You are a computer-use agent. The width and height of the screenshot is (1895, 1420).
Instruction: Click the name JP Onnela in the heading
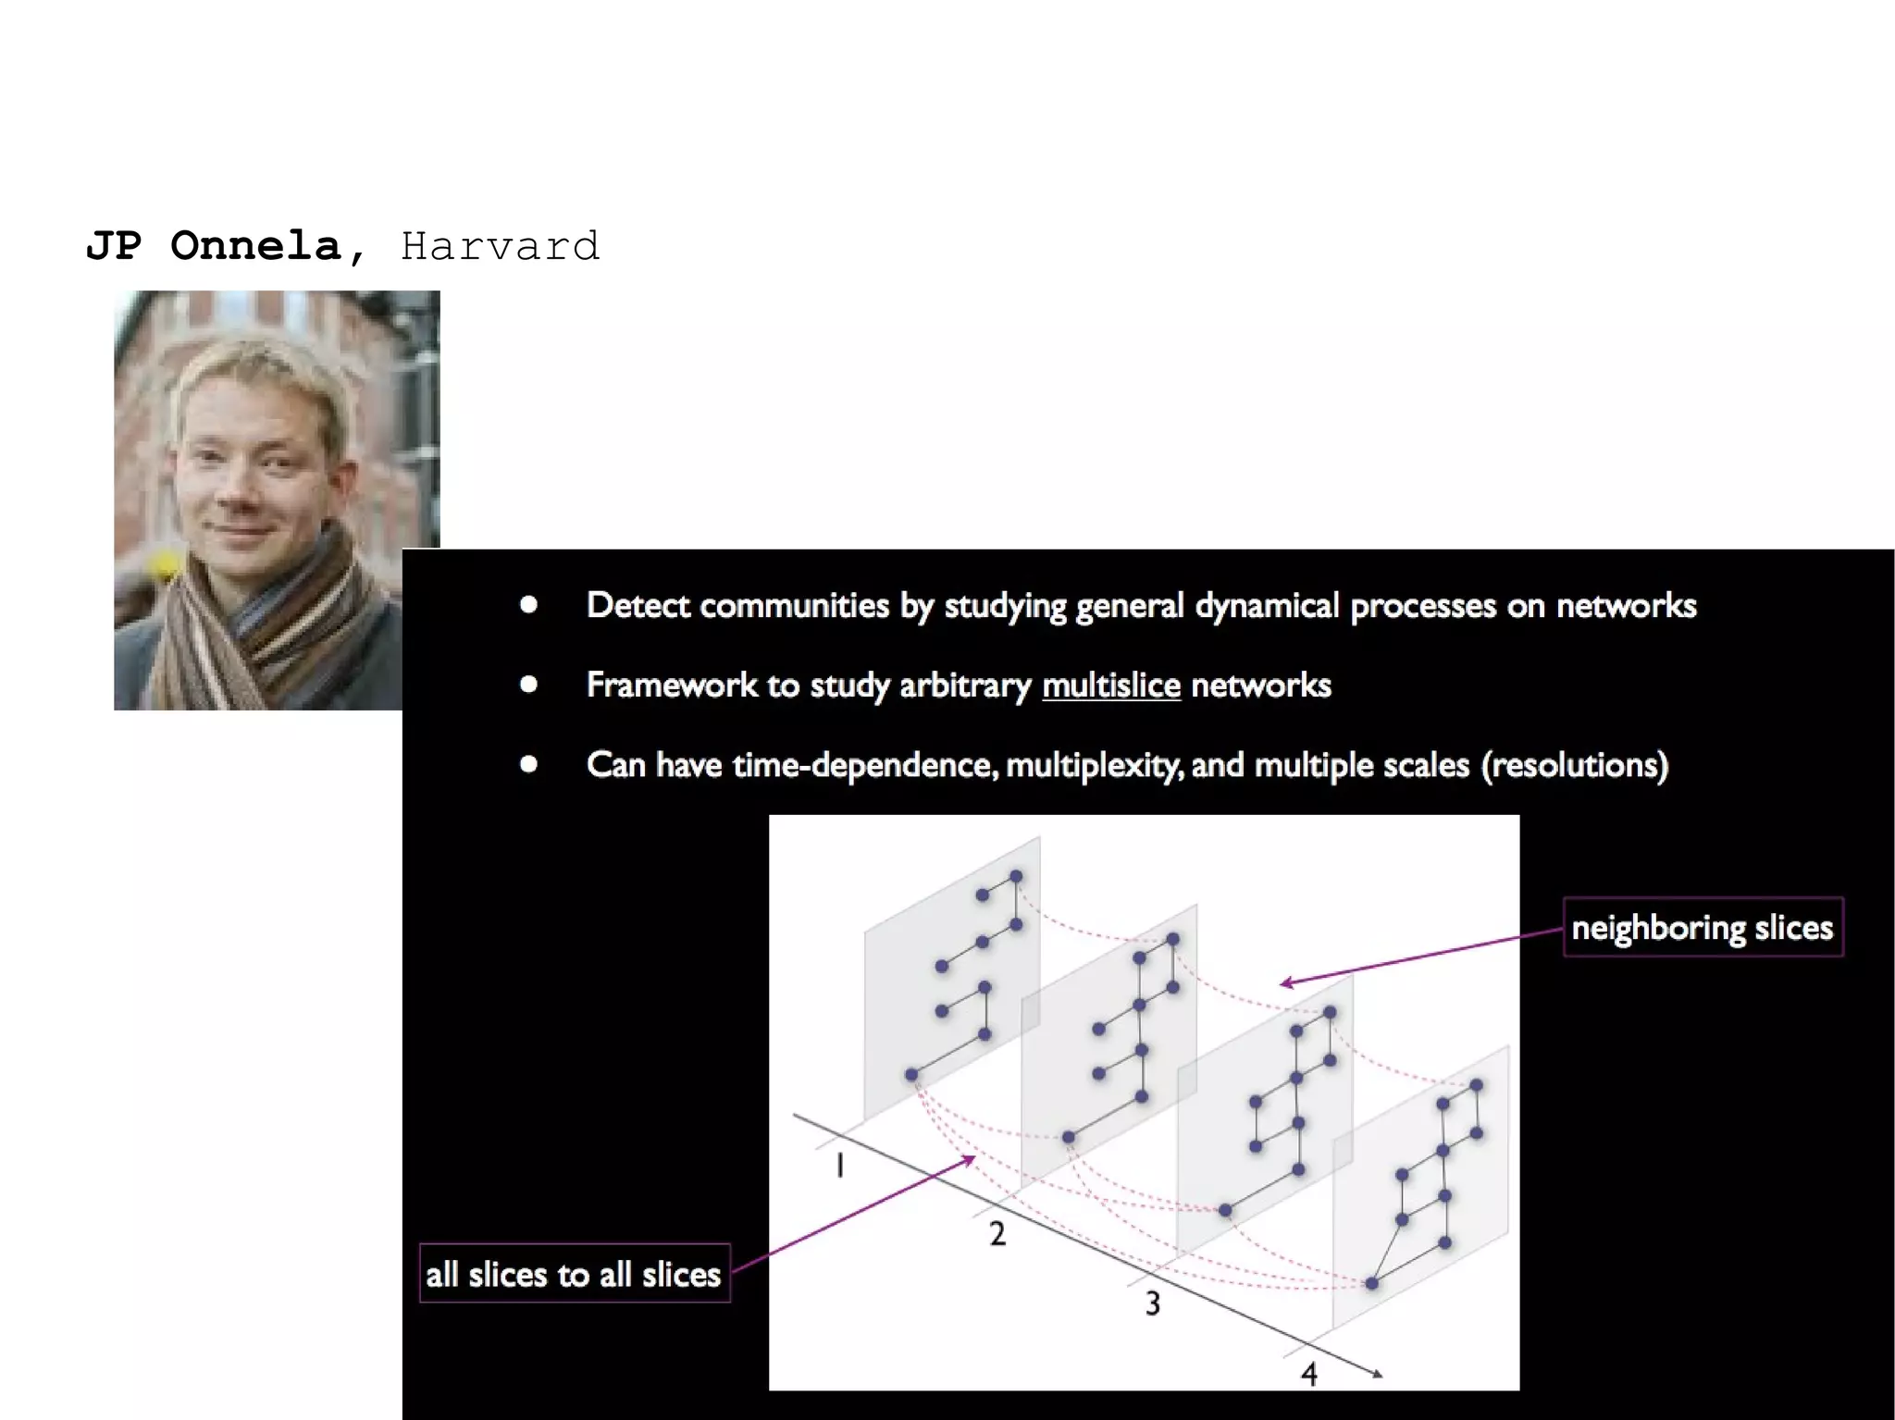(x=213, y=246)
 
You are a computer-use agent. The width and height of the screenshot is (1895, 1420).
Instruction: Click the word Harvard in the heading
(x=500, y=246)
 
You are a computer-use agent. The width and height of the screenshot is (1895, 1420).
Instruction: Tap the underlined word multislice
(x=1110, y=685)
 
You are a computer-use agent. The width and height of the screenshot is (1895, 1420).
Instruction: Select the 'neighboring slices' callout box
(x=1703, y=927)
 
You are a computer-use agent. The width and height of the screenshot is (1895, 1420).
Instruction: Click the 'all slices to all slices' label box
(x=574, y=1274)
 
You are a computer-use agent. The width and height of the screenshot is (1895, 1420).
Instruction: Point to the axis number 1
(x=839, y=1166)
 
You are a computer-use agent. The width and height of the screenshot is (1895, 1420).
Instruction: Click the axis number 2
(x=997, y=1233)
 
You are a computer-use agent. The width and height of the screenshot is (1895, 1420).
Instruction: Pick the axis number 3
(x=1152, y=1303)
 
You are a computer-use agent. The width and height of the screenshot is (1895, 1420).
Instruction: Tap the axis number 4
(x=1308, y=1374)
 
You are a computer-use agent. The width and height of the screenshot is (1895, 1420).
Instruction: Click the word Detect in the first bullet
(x=638, y=605)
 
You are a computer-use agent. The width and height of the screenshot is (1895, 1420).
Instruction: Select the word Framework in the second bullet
(x=672, y=685)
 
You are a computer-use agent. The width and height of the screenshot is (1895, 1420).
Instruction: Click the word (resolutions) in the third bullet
(x=1575, y=765)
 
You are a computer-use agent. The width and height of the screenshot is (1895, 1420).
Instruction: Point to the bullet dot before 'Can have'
(x=529, y=764)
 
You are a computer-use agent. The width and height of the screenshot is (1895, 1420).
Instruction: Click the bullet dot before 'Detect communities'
(x=529, y=605)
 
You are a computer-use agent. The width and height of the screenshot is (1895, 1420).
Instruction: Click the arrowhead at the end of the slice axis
(x=1378, y=1374)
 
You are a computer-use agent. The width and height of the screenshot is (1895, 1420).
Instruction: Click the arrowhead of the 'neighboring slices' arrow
(x=1286, y=982)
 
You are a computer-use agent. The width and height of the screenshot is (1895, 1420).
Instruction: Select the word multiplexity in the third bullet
(x=1093, y=765)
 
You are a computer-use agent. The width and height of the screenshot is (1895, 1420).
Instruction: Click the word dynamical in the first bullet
(x=1267, y=605)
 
